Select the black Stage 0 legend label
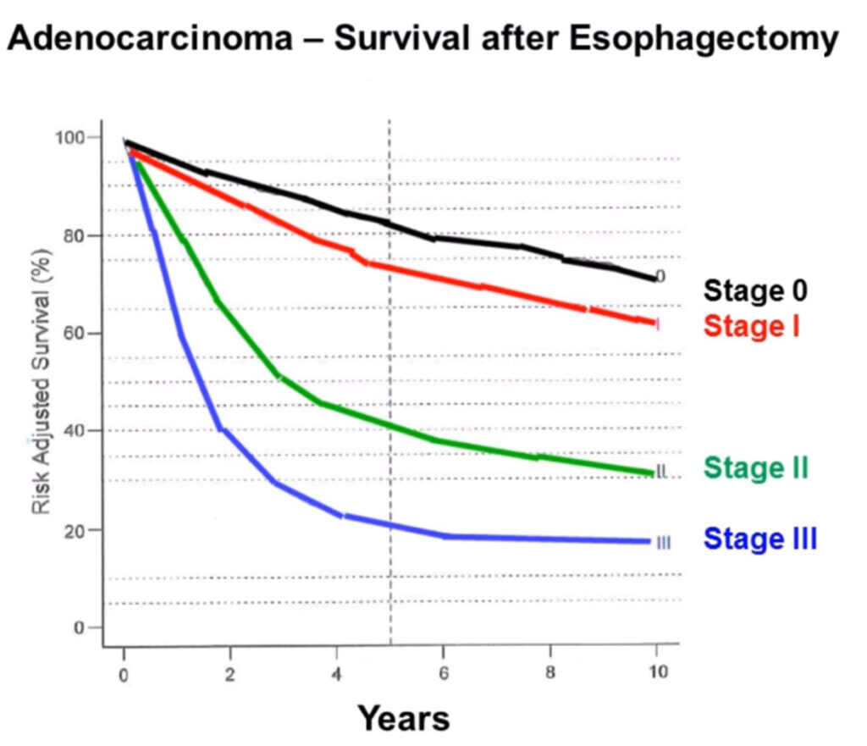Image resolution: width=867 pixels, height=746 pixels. click(x=756, y=290)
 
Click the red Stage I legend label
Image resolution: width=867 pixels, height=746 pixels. click(x=751, y=325)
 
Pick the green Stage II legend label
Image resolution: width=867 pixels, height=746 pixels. click(x=756, y=467)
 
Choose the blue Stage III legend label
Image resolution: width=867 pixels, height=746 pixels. click(x=760, y=539)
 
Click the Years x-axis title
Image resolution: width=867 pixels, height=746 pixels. click(x=403, y=718)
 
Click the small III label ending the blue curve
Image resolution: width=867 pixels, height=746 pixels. click(x=663, y=542)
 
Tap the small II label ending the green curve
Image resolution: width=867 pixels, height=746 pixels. click(x=662, y=472)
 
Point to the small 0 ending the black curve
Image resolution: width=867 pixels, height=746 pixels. click(x=660, y=276)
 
